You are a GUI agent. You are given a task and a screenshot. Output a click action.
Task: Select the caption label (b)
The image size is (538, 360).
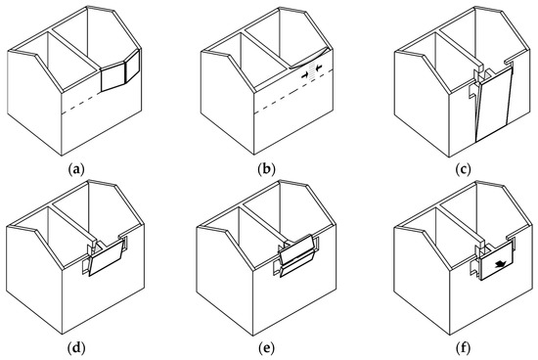266,169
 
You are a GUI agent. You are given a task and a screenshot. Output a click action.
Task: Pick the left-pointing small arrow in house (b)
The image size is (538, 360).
318,70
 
